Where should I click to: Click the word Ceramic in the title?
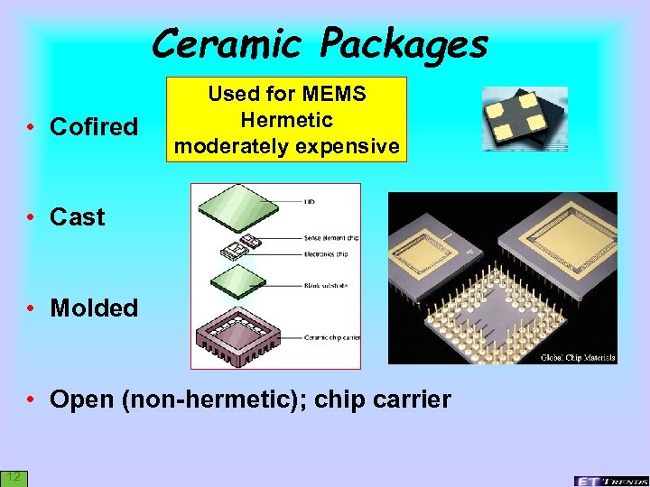pos(227,43)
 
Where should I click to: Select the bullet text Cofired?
pos(94,127)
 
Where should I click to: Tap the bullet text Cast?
pos(78,217)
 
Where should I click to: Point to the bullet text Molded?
pos(94,308)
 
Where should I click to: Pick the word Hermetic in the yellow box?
pos(287,120)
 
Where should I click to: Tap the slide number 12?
pos(13,475)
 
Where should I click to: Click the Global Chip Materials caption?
pos(577,358)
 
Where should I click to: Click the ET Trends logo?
pos(609,480)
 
